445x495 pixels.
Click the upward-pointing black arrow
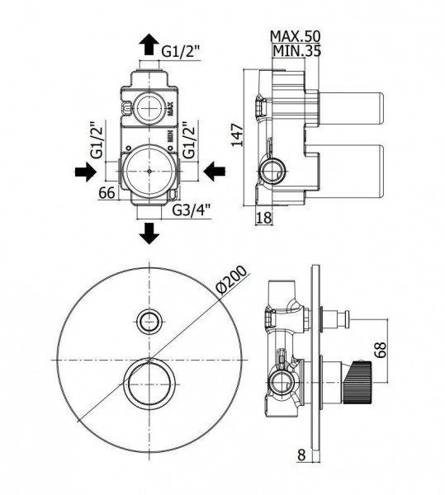(149, 45)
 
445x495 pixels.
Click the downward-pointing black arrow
(149, 233)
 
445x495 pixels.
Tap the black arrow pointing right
(86, 172)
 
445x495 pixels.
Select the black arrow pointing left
(215, 172)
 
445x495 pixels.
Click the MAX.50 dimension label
(296, 36)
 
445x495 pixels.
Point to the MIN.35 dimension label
(297, 50)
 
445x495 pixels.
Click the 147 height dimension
(238, 135)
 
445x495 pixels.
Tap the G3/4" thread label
(192, 210)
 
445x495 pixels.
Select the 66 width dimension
(107, 192)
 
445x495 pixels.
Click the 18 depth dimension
(263, 218)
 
